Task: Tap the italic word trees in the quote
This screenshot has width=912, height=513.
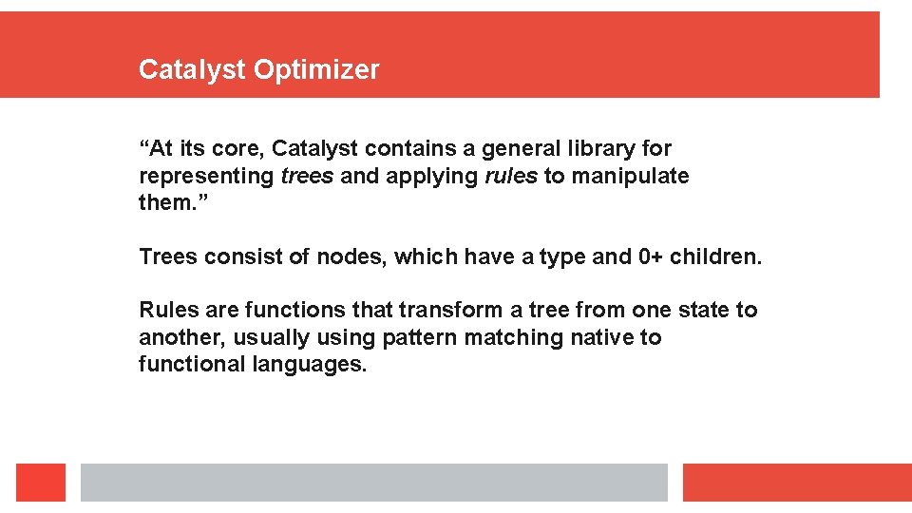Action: (307, 176)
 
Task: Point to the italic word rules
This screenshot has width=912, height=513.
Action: (511, 176)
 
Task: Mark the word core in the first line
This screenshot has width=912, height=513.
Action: (241, 148)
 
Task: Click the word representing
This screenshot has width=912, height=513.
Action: (206, 176)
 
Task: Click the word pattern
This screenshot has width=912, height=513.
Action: (416, 337)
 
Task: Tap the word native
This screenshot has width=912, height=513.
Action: (602, 337)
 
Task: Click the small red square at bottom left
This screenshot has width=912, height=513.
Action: (41, 483)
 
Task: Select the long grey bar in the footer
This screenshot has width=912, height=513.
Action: (373, 483)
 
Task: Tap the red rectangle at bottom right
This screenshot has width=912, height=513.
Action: (796, 483)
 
